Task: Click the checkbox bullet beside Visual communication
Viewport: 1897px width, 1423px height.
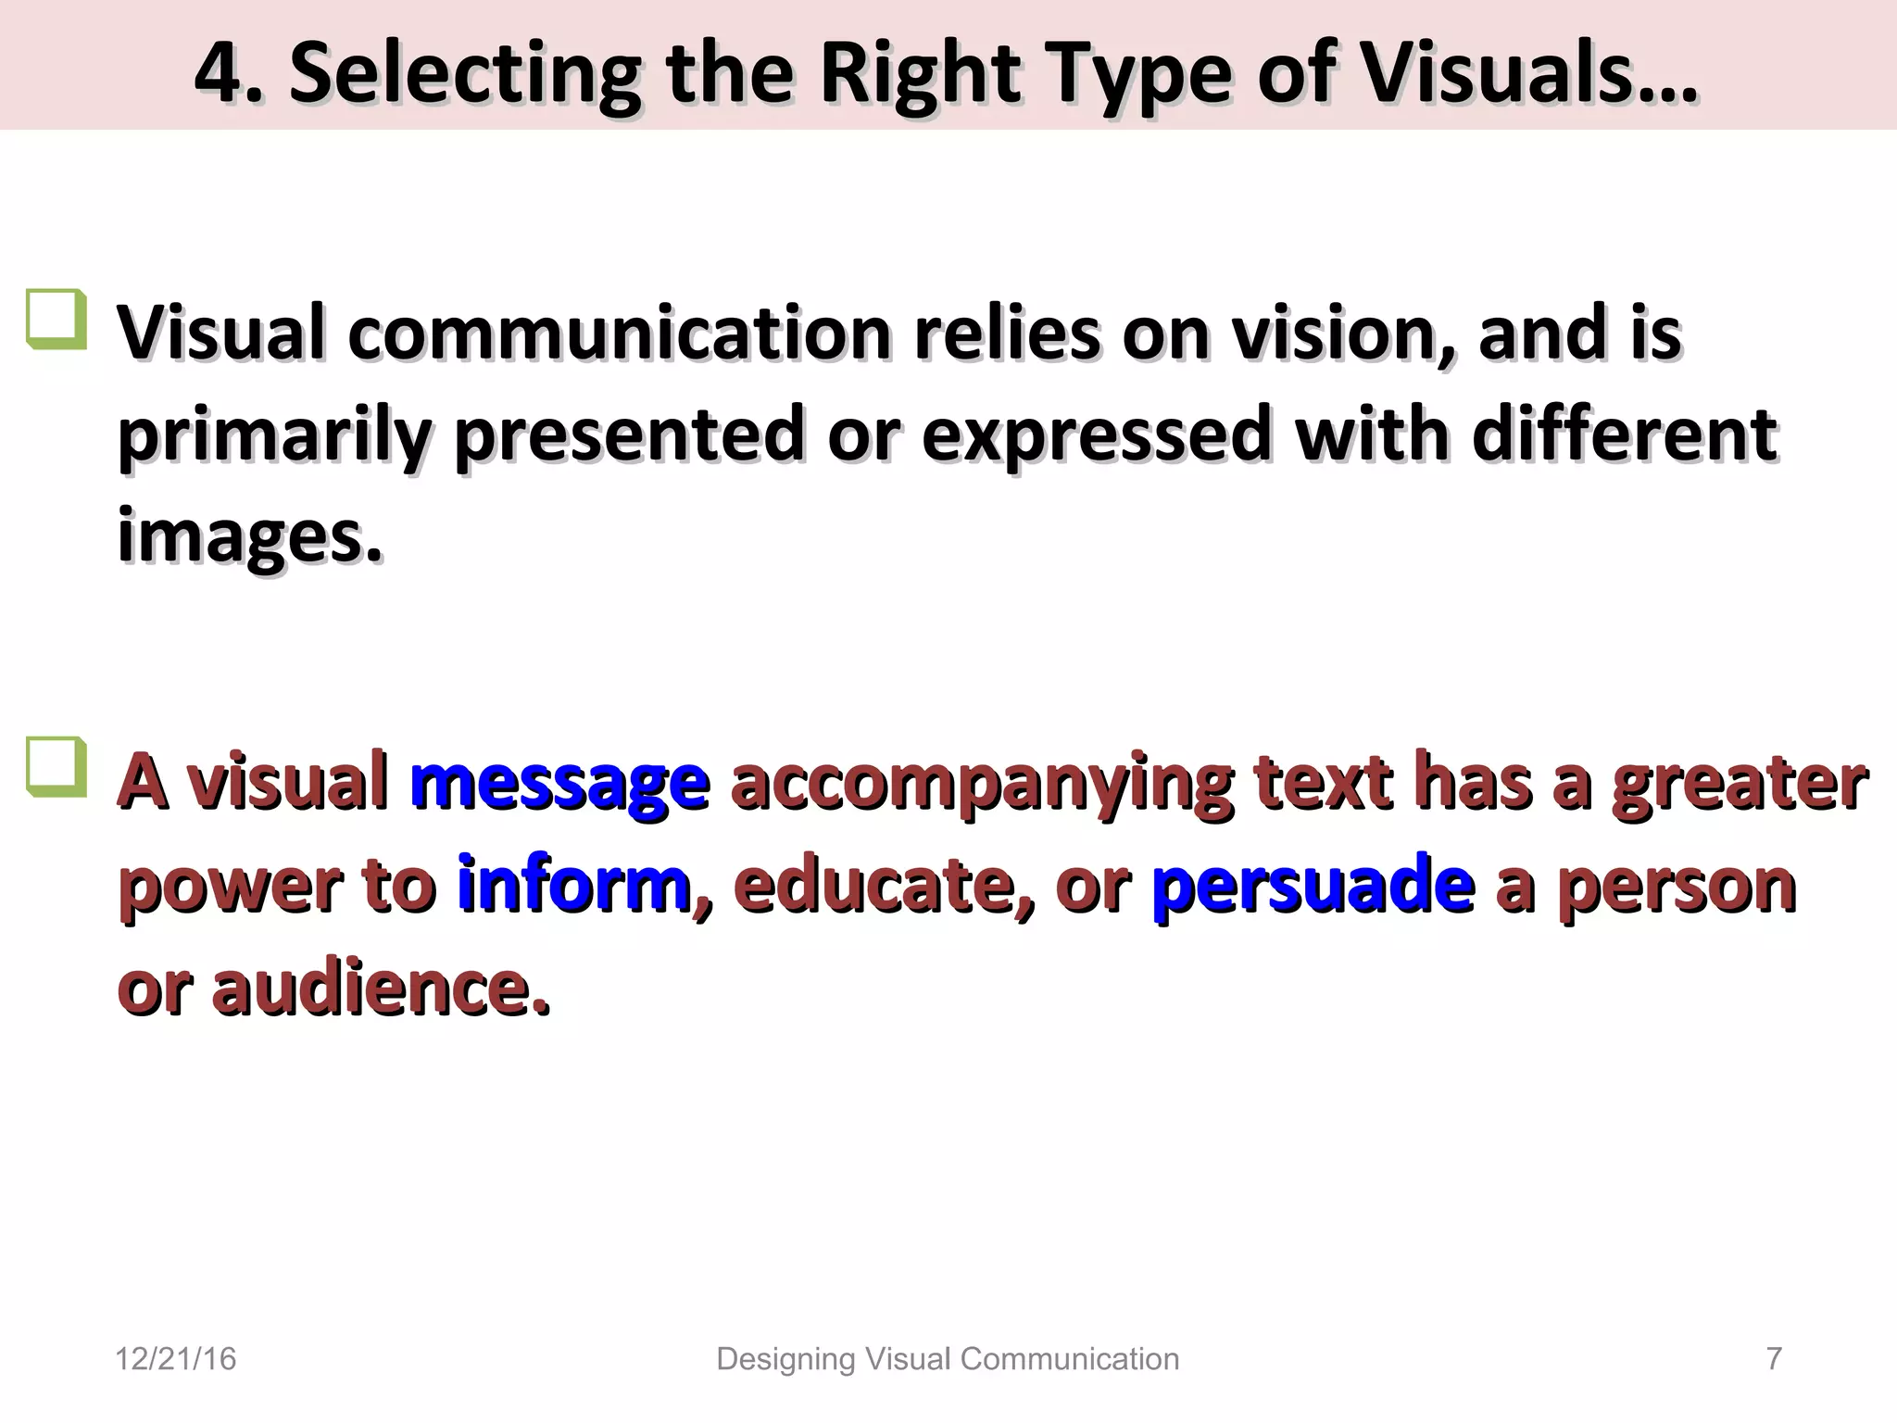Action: coord(57,320)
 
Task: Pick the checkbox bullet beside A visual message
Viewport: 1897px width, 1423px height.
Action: coord(57,767)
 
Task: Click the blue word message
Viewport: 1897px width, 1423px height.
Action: coord(560,785)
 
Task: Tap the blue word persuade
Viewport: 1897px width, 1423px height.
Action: coord(1313,886)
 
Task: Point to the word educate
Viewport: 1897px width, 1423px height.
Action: coord(881,886)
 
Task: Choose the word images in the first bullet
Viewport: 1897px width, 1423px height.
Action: coord(248,537)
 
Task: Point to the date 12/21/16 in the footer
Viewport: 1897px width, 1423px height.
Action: coord(175,1359)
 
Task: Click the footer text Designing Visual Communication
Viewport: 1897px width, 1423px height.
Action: coord(948,1359)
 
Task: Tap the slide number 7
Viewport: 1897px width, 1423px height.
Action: coord(1774,1358)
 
